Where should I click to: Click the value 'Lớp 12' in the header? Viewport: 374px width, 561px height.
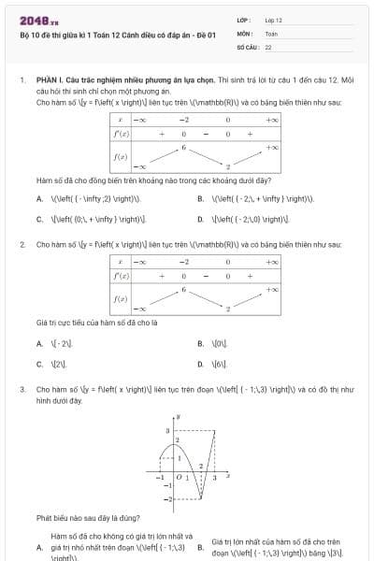[x=273, y=20]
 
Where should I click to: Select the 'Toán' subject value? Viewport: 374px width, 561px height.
[x=271, y=32]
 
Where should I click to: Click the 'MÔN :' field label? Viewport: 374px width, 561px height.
[x=245, y=32]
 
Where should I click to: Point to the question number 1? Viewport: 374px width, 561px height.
[x=22, y=81]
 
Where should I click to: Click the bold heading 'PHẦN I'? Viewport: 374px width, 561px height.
[x=47, y=81]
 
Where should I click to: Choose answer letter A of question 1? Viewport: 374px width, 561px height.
[x=39, y=199]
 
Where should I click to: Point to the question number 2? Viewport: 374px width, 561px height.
[x=22, y=244]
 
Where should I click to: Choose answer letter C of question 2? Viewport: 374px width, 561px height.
[x=39, y=364]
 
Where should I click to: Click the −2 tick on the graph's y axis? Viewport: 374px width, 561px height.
[x=166, y=501]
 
